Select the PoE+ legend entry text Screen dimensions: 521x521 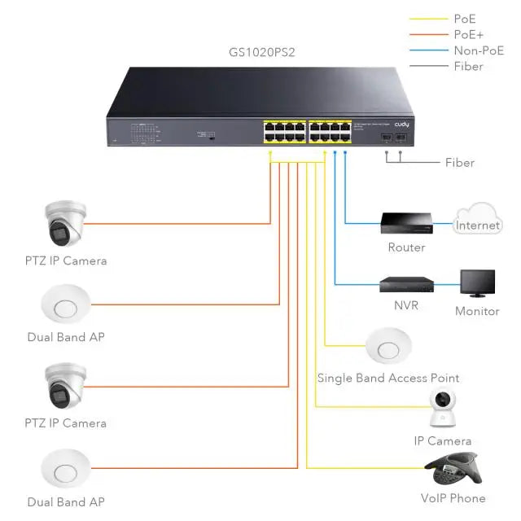point(468,34)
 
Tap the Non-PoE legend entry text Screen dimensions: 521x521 point(479,50)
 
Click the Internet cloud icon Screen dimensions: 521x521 point(478,222)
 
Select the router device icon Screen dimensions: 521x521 point(405,221)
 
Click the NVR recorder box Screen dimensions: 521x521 point(406,285)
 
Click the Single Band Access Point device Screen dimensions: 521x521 point(387,346)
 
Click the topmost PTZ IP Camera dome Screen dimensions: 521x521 point(64,223)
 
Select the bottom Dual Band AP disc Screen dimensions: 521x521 point(65,470)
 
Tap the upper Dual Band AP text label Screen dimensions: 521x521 point(66,337)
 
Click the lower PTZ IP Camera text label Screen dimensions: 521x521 point(65,423)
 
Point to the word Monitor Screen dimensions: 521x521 point(477,312)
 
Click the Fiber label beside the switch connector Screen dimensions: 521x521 point(459,163)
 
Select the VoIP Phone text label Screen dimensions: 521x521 point(453,498)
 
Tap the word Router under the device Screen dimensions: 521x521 point(406,247)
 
